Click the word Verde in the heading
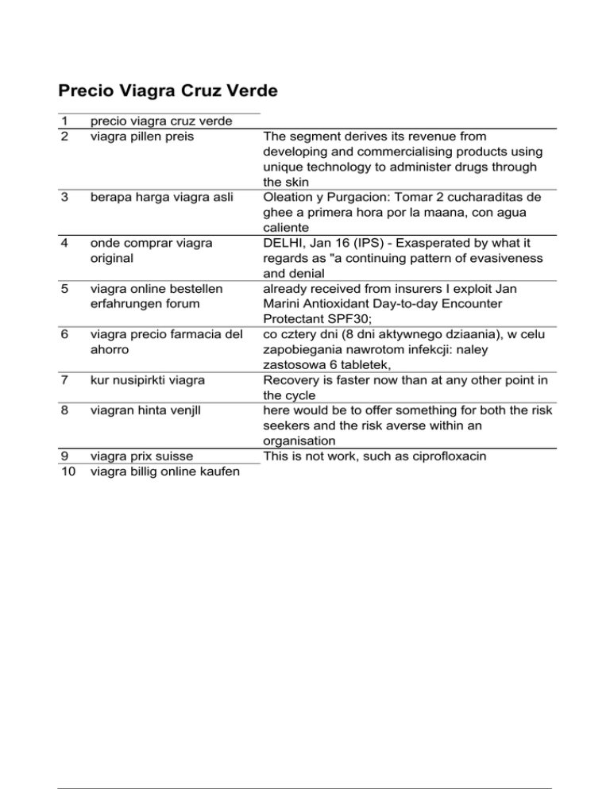(249, 91)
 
